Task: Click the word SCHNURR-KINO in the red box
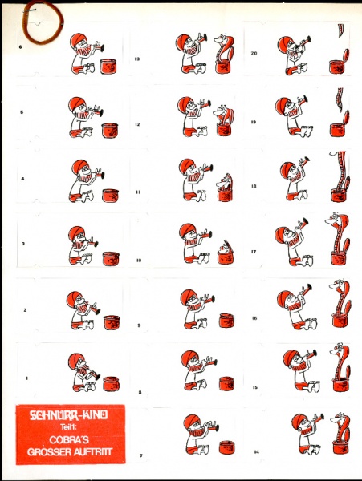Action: (68, 415)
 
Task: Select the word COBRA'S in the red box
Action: (69, 439)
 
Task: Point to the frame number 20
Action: (254, 53)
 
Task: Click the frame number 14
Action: (256, 451)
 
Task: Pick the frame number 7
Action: (141, 455)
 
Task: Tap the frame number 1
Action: (26, 378)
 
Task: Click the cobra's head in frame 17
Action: (332, 220)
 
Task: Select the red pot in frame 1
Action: (111, 384)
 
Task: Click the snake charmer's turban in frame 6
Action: (77, 41)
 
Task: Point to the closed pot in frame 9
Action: (227, 320)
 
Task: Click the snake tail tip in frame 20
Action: (340, 36)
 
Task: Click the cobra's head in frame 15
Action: (337, 349)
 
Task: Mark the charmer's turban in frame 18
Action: (287, 168)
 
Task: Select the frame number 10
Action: (139, 260)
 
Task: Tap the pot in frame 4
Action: (111, 196)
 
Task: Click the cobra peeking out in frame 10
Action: (225, 247)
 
